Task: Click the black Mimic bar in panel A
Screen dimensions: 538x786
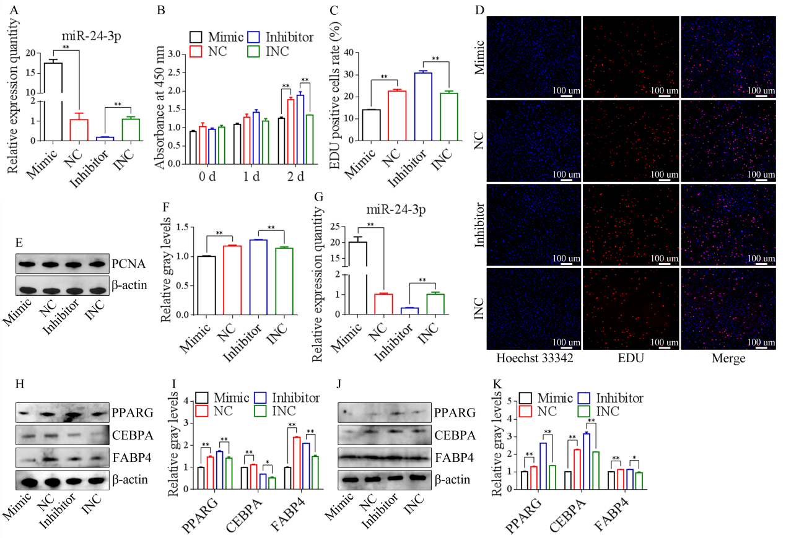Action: tap(53, 102)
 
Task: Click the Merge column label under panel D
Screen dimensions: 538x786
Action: tap(728, 358)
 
